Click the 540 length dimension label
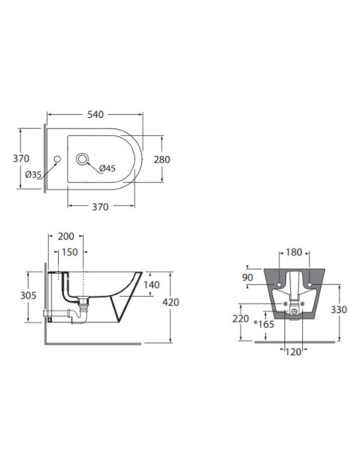[96, 115]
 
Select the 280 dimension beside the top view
[162, 159]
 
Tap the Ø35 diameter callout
[33, 174]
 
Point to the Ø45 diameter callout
[108, 169]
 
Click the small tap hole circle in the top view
[57, 159]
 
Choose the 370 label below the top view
[100, 207]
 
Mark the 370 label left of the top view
[21, 158]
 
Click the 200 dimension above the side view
[66, 236]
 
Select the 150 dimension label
[69, 252]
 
